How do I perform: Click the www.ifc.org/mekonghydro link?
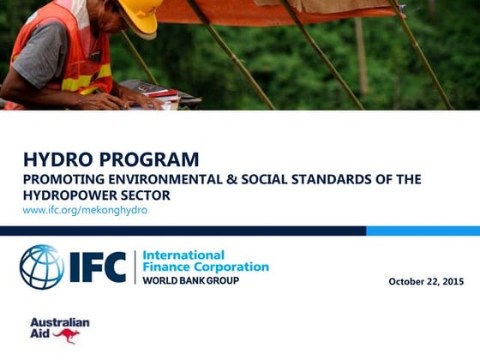pyautogui.click(x=85, y=210)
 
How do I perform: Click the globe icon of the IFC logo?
pyautogui.click(x=41, y=267)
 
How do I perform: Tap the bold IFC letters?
pyautogui.click(x=98, y=267)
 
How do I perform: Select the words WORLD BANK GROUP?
pyautogui.click(x=190, y=280)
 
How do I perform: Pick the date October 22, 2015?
pyautogui.click(x=426, y=281)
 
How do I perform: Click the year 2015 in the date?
pyautogui.click(x=452, y=281)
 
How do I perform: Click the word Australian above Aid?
pyautogui.click(x=60, y=323)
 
